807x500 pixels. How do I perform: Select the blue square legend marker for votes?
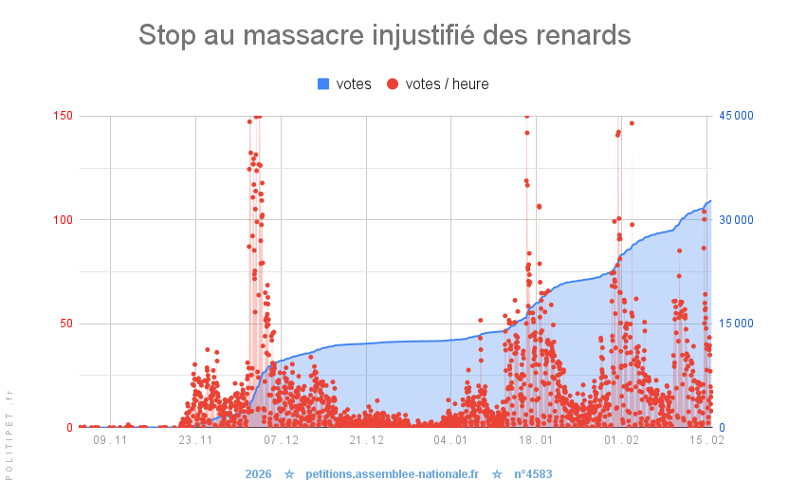323,84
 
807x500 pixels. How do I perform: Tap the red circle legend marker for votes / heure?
393,84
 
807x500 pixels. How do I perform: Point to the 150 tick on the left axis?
63,116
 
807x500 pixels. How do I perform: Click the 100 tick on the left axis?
63,219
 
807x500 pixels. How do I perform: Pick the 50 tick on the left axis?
65,324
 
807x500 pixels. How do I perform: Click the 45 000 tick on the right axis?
736,116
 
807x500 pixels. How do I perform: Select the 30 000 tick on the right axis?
736,219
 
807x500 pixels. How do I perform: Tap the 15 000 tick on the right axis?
736,324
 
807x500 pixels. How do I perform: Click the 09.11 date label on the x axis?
110,441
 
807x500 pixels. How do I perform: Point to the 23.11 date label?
195,441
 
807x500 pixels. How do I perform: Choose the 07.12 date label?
281,441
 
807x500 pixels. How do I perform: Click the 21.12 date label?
366,441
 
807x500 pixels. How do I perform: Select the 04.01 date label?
451,441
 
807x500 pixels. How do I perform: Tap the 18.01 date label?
537,441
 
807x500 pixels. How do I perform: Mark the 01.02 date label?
622,441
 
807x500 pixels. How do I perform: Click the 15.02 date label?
706,441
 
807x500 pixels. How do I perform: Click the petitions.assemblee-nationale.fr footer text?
393,473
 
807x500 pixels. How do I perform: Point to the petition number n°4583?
533,473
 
